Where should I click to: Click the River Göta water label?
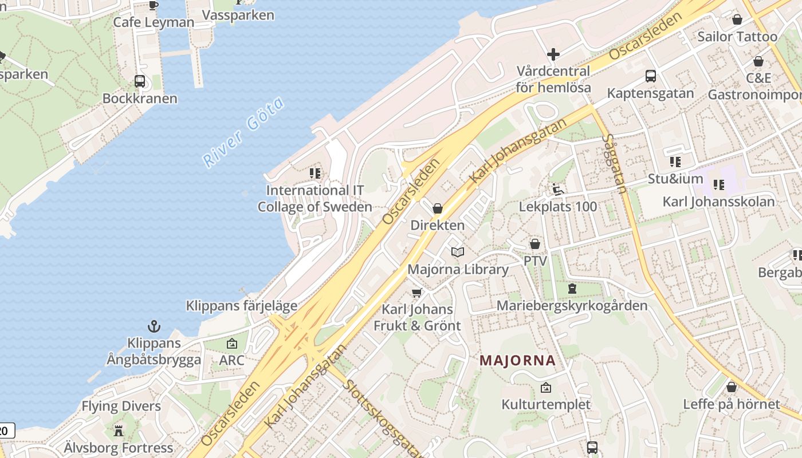click(244, 133)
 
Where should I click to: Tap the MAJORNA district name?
click(517, 361)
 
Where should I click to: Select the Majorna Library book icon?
click(457, 252)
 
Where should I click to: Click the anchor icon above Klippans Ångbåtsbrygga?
click(154, 327)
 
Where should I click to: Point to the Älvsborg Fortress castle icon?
click(119, 431)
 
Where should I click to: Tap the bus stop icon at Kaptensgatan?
click(650, 76)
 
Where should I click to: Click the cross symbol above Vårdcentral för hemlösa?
click(553, 54)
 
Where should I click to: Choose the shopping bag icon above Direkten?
click(438, 208)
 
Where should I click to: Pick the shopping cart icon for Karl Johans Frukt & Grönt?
click(416, 293)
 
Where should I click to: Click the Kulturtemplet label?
click(545, 404)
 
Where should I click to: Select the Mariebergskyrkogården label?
click(572, 305)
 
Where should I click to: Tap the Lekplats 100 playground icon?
click(558, 189)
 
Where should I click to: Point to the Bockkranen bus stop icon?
click(140, 81)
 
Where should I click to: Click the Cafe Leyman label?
click(154, 22)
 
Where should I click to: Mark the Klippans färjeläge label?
click(241, 306)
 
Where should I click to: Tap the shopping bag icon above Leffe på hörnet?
click(731, 387)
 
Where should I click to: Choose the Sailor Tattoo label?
click(737, 37)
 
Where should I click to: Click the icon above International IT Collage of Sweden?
click(314, 173)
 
